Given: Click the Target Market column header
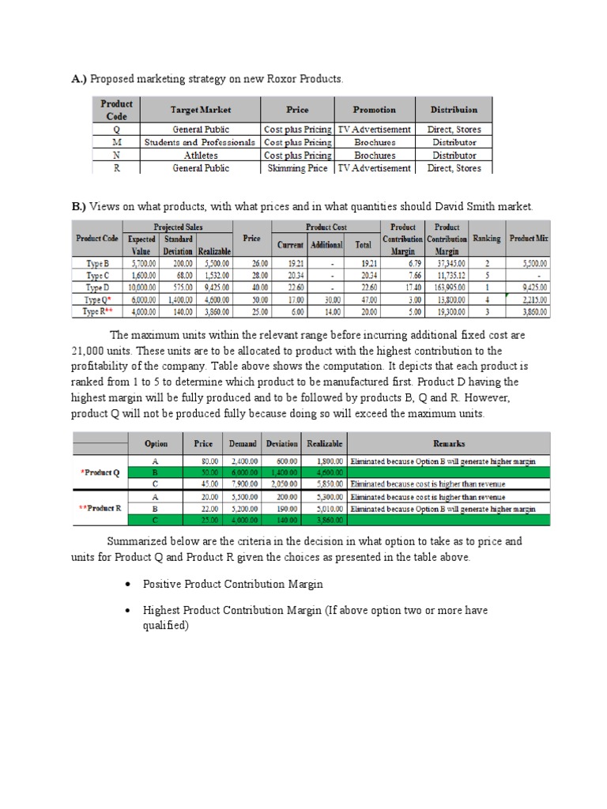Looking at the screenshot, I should point(201,110).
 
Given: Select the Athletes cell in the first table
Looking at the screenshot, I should point(201,156).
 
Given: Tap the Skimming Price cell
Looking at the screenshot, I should point(297,168).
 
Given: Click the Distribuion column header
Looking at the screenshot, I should point(454,110).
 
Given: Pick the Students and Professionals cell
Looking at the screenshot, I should point(201,143).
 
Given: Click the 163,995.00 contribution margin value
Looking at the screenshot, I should point(447,288).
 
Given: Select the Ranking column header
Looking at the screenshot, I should point(486,239).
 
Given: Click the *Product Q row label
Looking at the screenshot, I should point(100,473).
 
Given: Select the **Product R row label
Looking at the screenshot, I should point(100,509).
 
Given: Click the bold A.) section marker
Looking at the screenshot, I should point(80,78).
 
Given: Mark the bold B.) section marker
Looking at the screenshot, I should point(80,207).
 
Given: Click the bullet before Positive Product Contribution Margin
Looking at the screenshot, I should point(128,584).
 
